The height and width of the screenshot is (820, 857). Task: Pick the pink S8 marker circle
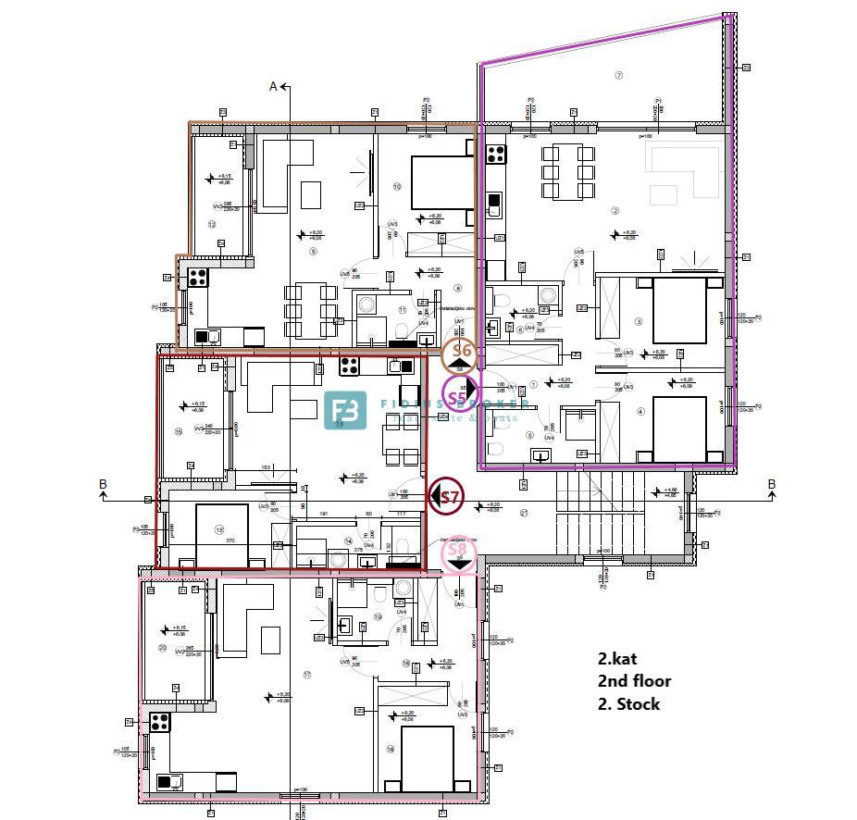coord(457,553)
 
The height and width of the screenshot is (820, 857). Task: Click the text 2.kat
coord(617,660)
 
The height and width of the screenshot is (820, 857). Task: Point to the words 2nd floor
coord(634,681)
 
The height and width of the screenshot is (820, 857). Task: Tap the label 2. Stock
coord(628,703)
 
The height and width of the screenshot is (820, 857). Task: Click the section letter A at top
coord(273,86)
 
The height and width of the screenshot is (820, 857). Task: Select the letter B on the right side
coord(771,484)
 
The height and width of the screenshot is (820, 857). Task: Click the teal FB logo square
coord(345,411)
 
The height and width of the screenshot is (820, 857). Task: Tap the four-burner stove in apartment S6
coord(198,276)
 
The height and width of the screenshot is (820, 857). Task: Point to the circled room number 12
coord(211,225)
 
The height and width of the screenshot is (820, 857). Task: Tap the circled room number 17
coord(306,674)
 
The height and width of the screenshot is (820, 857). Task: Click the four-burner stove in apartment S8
coord(159,721)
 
